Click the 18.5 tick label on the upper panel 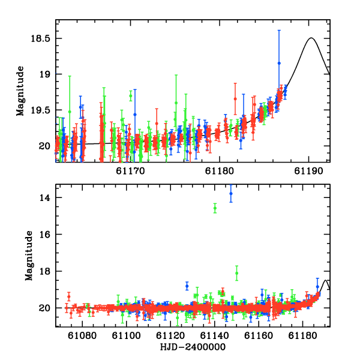tap(40, 38)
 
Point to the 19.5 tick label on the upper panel tap(40, 110)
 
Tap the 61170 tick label tap(130, 171)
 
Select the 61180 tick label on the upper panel tap(220, 171)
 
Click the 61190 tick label tap(309, 171)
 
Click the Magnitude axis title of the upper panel tap(20, 91)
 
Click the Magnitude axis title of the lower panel tap(29, 256)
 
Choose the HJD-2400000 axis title tap(193, 347)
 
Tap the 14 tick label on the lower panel tap(45, 197)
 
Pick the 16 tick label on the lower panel tap(45, 234)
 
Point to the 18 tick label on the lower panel tap(45, 271)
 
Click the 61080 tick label tap(82, 335)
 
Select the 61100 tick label tap(126, 335)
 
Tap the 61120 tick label tap(170, 335)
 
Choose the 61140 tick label tap(215, 335)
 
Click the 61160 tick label tap(259, 335)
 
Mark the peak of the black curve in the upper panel tap(311, 38)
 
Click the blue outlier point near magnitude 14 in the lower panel tap(231, 194)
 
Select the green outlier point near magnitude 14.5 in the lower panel tap(215, 208)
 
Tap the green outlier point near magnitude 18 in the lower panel tap(237, 273)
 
